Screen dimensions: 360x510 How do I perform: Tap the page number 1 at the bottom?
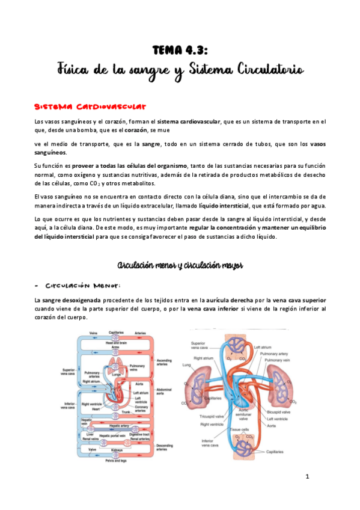pos(307,478)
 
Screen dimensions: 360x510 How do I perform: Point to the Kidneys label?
pos(117,450)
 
